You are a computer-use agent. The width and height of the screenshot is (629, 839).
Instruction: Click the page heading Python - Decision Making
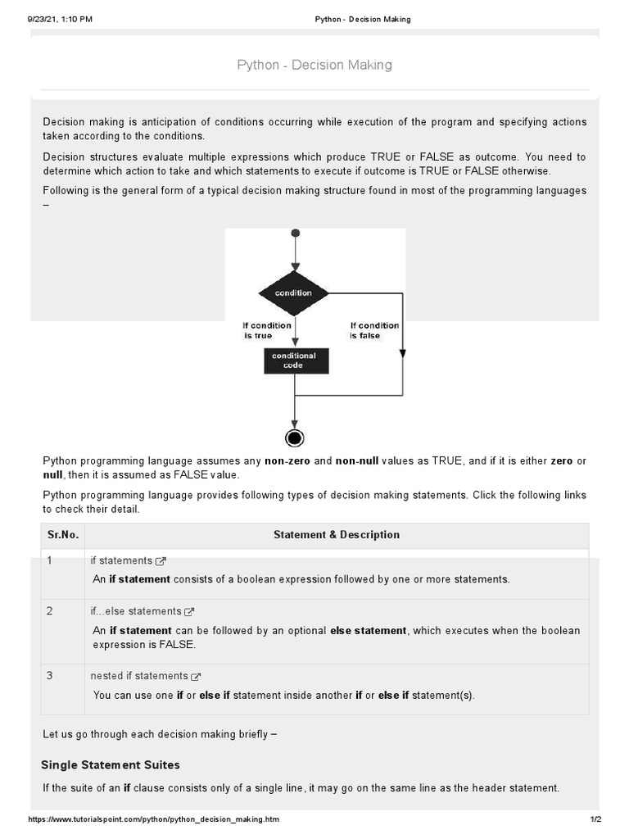(314, 65)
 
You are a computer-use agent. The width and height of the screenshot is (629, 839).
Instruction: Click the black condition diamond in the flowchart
(293, 293)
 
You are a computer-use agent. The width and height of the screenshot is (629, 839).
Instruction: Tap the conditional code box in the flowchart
(296, 361)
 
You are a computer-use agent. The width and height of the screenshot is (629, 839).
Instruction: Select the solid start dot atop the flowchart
(295, 234)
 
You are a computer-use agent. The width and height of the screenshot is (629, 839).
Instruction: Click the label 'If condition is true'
(266, 330)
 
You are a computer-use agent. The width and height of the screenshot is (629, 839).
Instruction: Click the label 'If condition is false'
(374, 330)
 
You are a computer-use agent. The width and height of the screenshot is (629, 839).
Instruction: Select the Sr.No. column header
(63, 535)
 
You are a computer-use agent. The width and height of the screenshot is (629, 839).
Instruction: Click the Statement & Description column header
(337, 535)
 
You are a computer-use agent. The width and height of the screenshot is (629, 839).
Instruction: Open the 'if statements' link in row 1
(121, 560)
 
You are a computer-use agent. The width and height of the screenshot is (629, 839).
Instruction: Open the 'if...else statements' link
(136, 611)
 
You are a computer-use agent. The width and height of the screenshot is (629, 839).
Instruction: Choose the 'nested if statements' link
(139, 676)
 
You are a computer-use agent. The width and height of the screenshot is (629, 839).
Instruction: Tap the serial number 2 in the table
(50, 611)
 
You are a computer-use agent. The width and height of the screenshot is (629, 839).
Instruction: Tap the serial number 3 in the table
(50, 676)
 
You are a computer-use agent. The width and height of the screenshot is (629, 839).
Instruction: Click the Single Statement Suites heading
(111, 764)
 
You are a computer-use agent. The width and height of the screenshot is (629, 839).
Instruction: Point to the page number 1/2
(595, 820)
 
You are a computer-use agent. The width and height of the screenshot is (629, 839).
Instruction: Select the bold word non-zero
(287, 461)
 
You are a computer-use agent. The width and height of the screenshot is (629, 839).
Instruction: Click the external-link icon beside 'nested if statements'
(196, 677)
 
